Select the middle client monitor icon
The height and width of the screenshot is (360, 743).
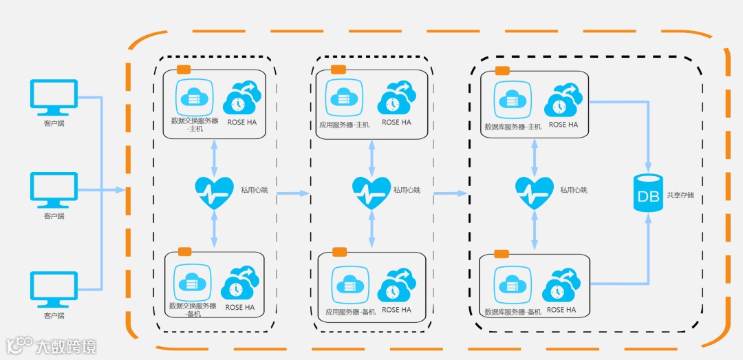click(x=54, y=190)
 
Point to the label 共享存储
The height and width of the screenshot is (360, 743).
click(x=680, y=195)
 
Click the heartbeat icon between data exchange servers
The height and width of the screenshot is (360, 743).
click(x=214, y=192)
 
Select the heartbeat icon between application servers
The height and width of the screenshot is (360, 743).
click(x=371, y=192)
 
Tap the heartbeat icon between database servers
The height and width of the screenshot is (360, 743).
click(x=535, y=192)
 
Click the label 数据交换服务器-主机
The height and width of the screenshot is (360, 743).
click(x=195, y=125)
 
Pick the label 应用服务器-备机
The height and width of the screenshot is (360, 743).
click(x=350, y=312)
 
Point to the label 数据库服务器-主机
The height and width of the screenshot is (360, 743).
click(x=513, y=127)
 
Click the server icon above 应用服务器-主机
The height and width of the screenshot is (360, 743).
click(x=344, y=96)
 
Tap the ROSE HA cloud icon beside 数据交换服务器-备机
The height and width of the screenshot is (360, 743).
click(x=240, y=284)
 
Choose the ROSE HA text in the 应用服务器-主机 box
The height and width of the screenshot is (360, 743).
click(x=396, y=123)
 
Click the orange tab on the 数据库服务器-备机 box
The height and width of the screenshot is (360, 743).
click(x=502, y=253)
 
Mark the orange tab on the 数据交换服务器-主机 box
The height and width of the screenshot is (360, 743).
click(x=184, y=70)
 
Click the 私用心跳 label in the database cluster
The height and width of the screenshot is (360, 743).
click(x=573, y=190)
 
